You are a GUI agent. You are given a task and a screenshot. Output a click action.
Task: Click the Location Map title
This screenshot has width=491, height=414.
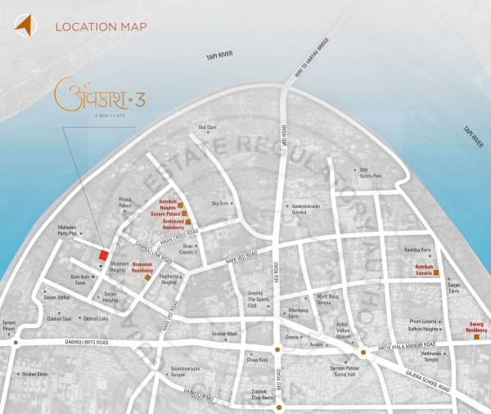pos(101,27)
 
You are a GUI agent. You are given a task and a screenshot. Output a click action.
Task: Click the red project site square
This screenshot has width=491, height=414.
pos(102,255)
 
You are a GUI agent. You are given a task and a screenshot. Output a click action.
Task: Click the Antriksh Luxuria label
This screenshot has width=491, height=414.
pos(418,269)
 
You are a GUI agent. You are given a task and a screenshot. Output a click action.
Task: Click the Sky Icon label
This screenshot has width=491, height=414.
pos(220,203)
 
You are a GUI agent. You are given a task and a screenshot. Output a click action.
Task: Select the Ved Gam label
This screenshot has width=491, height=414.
pos(207,128)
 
